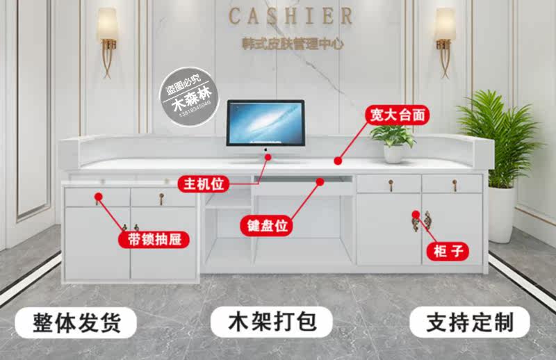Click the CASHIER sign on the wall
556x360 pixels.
tap(290, 15)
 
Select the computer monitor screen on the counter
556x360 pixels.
tap(265, 122)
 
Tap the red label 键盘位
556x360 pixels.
tap(265, 226)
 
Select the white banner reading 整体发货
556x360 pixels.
tap(76, 322)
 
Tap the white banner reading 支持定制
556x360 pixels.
tap(469, 322)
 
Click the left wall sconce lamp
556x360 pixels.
tap(107, 38)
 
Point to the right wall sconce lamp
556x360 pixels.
tap(445, 38)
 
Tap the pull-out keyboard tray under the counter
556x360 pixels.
tap(304, 186)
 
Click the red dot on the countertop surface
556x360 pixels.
tap(338, 161)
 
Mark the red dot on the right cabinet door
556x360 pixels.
tap(415, 215)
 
